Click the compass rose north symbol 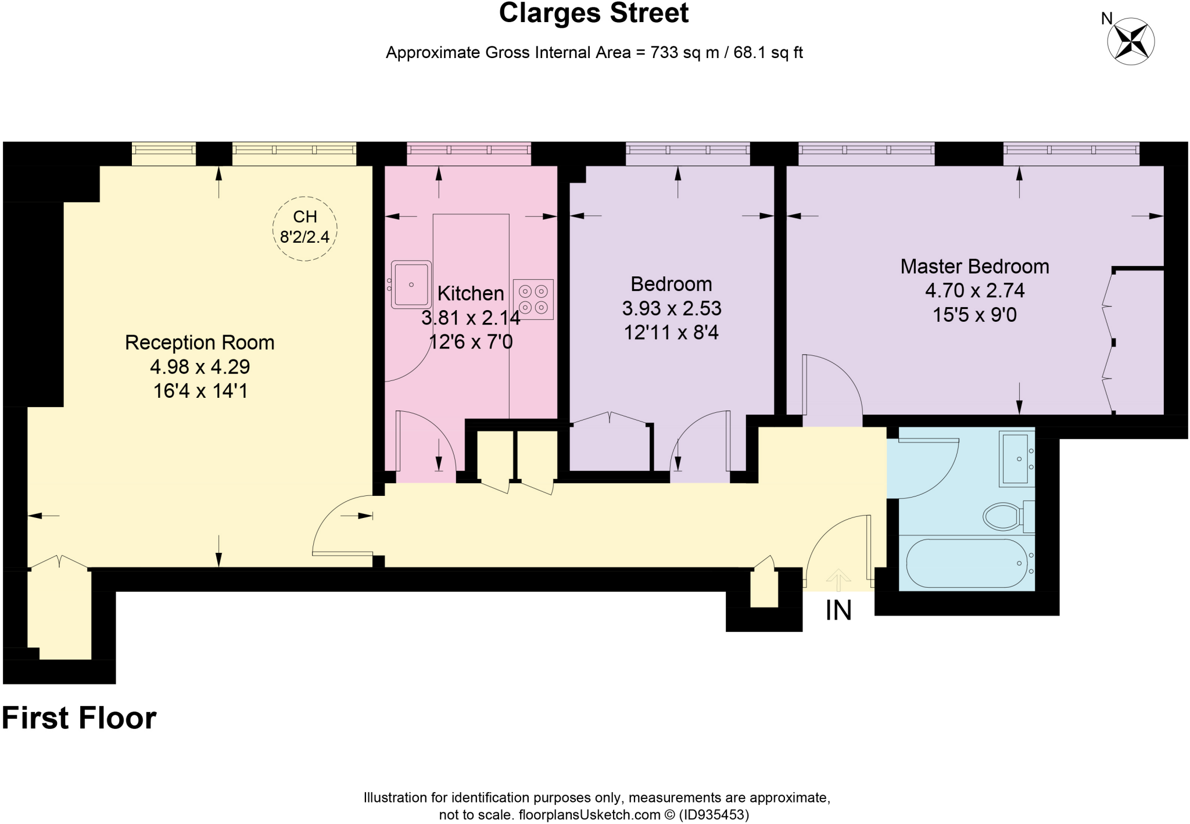click(x=1130, y=41)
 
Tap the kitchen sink click(x=411, y=285)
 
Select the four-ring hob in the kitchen click(x=533, y=299)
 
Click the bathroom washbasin click(x=1017, y=458)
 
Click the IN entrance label click(x=838, y=610)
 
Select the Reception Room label click(x=199, y=343)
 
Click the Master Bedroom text click(x=974, y=267)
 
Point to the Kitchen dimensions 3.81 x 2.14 click(x=471, y=318)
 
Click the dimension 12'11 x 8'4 click(x=671, y=332)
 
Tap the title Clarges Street click(x=593, y=13)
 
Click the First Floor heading click(x=79, y=718)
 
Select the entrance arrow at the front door click(x=838, y=579)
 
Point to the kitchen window click(x=468, y=150)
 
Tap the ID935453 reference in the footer click(x=714, y=815)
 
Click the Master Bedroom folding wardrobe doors click(x=1109, y=343)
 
